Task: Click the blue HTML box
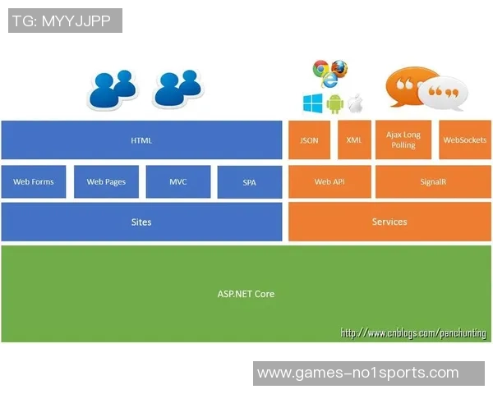coord(141,140)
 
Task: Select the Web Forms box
coord(33,182)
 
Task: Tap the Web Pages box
coord(106,182)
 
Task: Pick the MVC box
coord(177,182)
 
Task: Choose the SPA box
coord(249,182)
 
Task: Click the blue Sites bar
coord(141,222)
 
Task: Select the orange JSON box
coord(309,140)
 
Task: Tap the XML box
coord(353,140)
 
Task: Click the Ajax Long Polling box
coord(403,140)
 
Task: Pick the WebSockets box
coord(465,140)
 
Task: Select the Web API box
coord(329,182)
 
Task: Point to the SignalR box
coord(432,182)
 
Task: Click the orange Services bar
coord(389,222)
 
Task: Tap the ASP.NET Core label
coord(246,293)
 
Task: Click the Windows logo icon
coord(312,103)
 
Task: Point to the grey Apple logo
coord(355,103)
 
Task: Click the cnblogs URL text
coord(415,333)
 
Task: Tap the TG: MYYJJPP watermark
coord(65,21)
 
